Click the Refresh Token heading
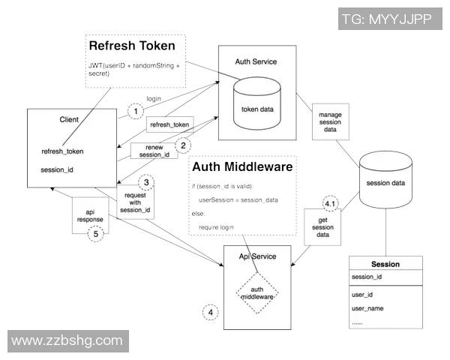tap(132, 45)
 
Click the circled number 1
tap(135, 111)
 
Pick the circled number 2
tap(182, 145)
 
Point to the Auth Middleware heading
tap(241, 166)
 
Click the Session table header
tap(385, 264)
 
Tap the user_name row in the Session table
tap(367, 308)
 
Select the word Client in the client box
tap(69, 119)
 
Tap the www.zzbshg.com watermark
tap(67, 340)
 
